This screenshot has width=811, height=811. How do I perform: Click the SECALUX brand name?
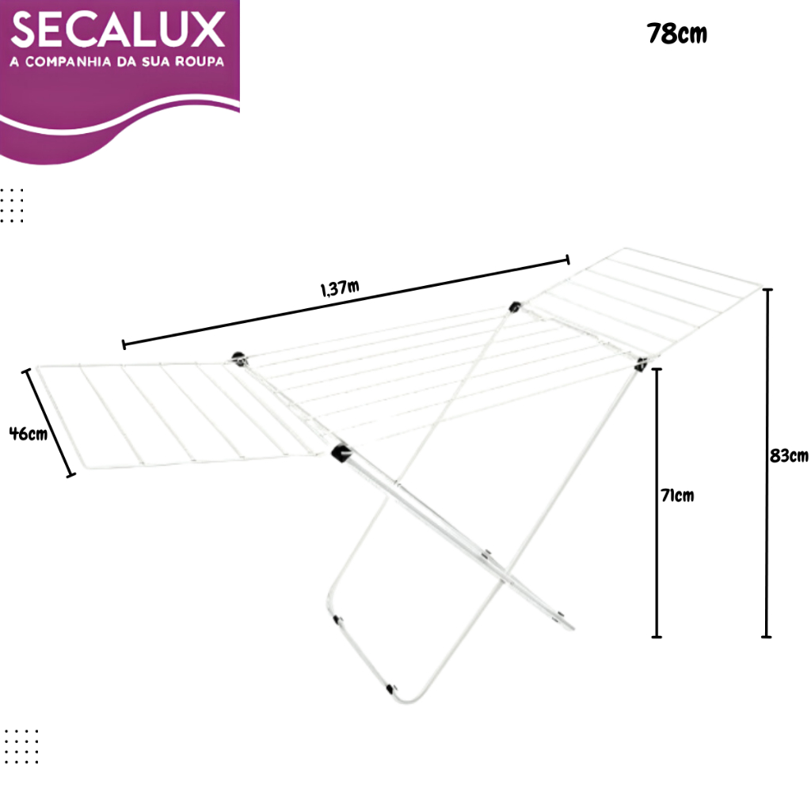[x=119, y=30]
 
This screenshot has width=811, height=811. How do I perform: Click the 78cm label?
[x=676, y=34]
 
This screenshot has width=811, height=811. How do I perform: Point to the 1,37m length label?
[x=340, y=288]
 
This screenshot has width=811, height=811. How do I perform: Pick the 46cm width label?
[x=28, y=433]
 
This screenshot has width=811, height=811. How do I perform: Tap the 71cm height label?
[x=677, y=496]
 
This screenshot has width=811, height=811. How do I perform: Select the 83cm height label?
[x=789, y=456]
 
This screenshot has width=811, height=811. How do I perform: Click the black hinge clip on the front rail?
[x=341, y=452]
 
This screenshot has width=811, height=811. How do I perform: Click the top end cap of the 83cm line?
[x=767, y=291]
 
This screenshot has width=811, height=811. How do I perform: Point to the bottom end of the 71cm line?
[x=656, y=636]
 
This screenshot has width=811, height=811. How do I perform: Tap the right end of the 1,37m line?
[x=567, y=259]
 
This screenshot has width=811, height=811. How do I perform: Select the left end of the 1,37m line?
[x=124, y=344]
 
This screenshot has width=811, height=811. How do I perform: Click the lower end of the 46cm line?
[x=71, y=475]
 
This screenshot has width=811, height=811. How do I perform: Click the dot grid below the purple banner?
[x=13, y=205]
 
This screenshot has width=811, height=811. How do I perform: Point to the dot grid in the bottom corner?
[x=21, y=746]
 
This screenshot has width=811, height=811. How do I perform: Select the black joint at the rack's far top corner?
[x=516, y=306]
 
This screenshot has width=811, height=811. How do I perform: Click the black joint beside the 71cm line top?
[x=641, y=364]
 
